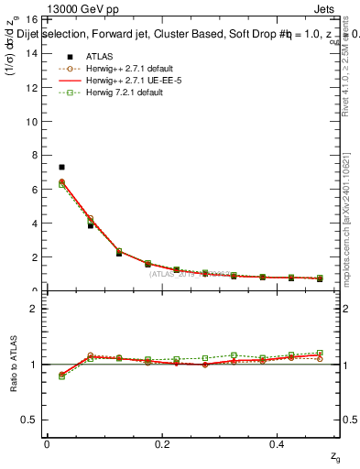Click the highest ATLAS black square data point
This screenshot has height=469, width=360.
point(61,167)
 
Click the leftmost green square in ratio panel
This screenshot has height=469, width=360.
point(61,376)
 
